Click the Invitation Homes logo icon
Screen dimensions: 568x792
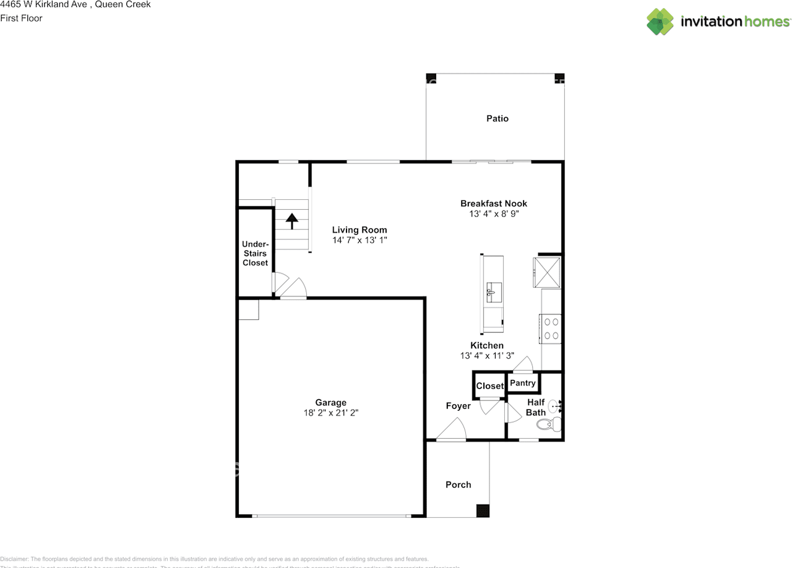pyautogui.click(x=660, y=22)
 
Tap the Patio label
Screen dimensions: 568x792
pyautogui.click(x=497, y=118)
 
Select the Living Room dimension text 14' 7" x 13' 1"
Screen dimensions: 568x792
pyautogui.click(x=359, y=240)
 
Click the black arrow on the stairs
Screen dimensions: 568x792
pyautogui.click(x=291, y=220)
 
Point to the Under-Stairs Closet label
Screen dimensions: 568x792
pyautogui.click(x=255, y=254)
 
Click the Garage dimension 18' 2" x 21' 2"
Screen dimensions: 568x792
pyautogui.click(x=330, y=413)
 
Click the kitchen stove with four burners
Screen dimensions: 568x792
pyautogui.click(x=550, y=329)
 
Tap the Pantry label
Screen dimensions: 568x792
pyautogui.click(x=523, y=383)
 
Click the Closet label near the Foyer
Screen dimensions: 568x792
pyautogui.click(x=489, y=386)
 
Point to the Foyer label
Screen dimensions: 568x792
pyautogui.click(x=458, y=406)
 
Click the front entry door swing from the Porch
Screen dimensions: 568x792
pyautogui.click(x=452, y=429)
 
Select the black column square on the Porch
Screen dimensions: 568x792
pyautogui.click(x=482, y=510)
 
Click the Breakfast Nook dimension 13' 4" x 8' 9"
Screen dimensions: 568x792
pyautogui.click(x=493, y=214)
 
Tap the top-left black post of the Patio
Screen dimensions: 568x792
pyautogui.click(x=431, y=78)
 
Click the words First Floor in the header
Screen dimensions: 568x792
pyautogui.click(x=21, y=18)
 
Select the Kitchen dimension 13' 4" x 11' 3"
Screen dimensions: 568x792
pyautogui.click(x=487, y=356)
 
